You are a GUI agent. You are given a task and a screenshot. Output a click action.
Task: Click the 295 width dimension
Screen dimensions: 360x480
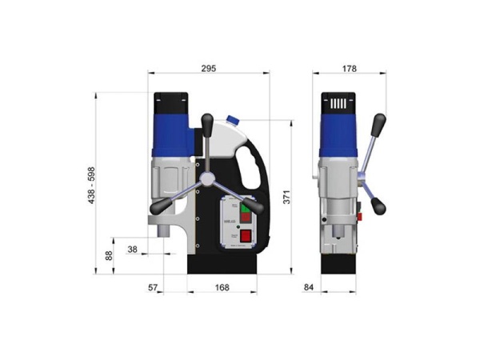[x=208, y=70]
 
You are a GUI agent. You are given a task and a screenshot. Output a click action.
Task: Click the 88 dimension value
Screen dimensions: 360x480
[x=110, y=255]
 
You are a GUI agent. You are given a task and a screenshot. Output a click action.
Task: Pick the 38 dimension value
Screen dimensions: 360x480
[x=133, y=250]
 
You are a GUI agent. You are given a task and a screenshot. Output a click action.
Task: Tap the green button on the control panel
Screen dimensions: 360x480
[x=246, y=208]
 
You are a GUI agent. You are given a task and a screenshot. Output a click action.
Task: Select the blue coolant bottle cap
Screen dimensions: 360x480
[x=234, y=120]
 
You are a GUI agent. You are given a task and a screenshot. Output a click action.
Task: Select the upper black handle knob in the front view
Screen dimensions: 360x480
[x=379, y=122]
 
